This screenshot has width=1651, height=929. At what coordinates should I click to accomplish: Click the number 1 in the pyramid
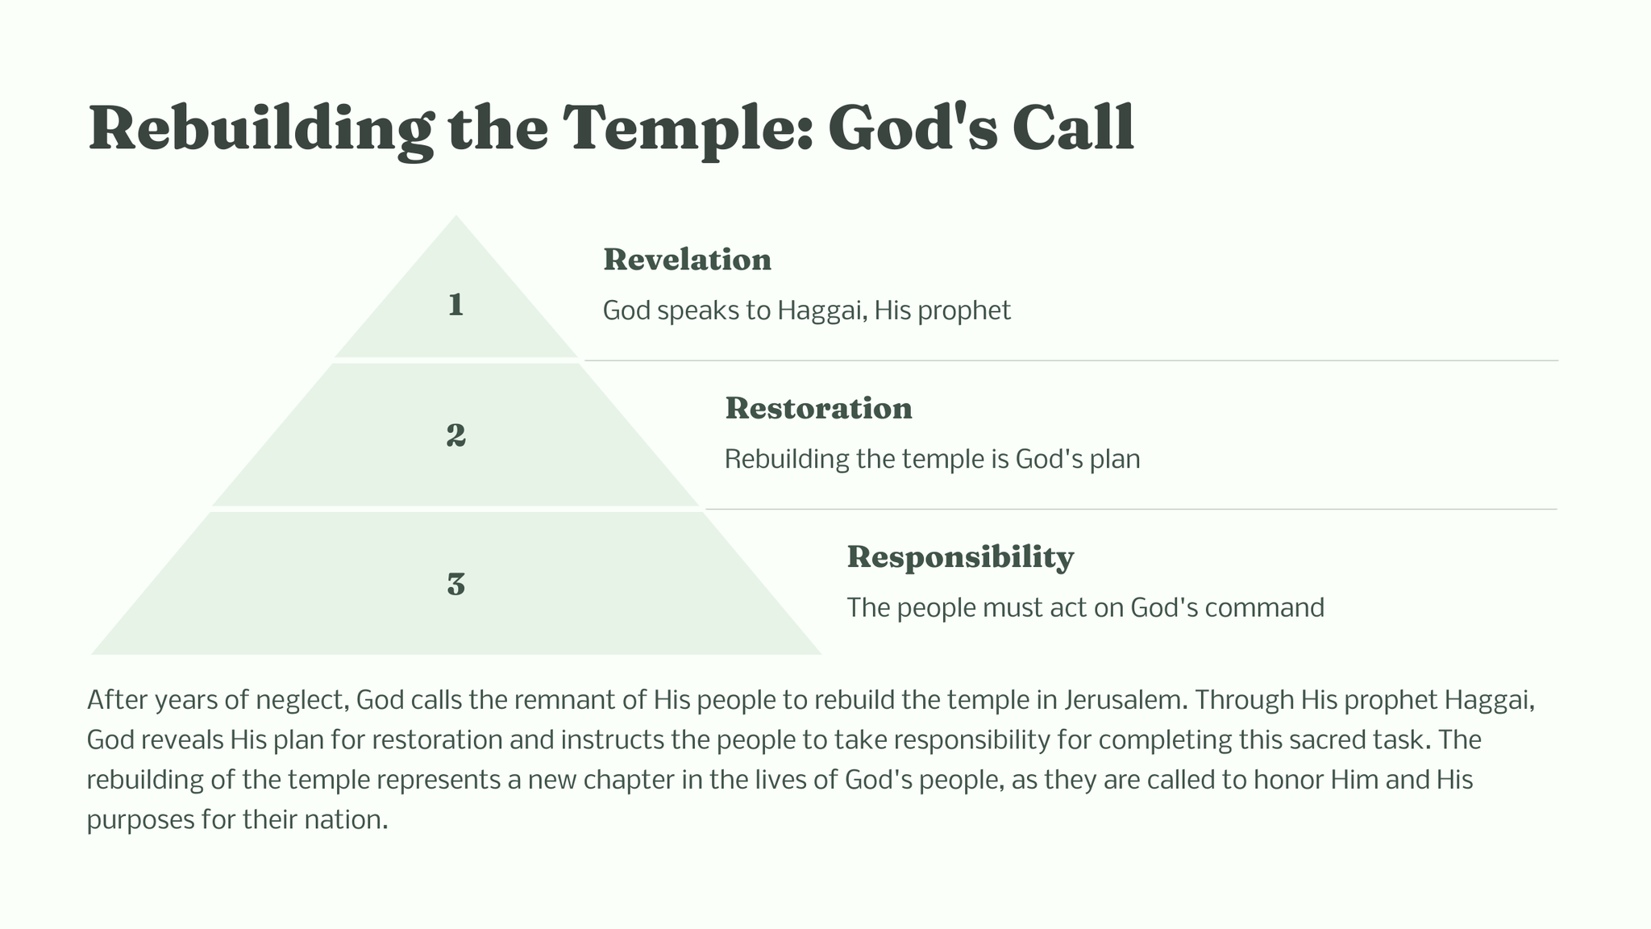pos(455,305)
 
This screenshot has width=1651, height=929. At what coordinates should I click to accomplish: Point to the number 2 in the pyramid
pos(455,435)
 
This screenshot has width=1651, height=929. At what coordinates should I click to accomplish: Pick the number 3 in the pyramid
pos(455,584)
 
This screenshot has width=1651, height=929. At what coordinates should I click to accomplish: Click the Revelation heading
pos(687,260)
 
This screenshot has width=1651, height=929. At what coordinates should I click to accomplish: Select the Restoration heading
pos(818,408)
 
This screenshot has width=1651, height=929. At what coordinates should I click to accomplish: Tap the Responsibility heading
pos(960,557)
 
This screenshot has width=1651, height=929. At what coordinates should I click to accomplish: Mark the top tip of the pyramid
pos(456,215)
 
